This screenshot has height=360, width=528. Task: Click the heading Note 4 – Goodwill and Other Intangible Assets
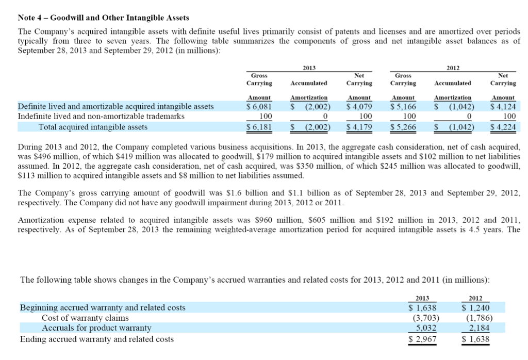pos(103,18)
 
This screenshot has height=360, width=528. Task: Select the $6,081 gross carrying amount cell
pos(258,107)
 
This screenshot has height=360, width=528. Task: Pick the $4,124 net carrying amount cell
pos(503,107)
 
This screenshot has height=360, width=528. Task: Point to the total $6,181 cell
pos(258,127)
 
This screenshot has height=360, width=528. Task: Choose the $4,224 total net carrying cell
pos(503,127)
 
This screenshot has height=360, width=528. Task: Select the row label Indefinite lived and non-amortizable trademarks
pos(101,116)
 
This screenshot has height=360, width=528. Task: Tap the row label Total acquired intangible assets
pos(93,127)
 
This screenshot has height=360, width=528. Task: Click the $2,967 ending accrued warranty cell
pos(422,339)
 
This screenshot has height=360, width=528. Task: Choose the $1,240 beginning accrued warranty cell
pos(475,308)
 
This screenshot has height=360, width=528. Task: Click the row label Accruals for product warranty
pos(96,328)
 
